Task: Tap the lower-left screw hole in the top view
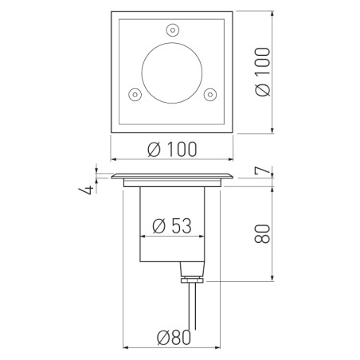pos(135,95)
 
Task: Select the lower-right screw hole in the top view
pos(210,95)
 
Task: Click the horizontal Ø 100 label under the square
pos(173,148)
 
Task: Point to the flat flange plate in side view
pos(173,176)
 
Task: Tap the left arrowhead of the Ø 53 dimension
pos(143,238)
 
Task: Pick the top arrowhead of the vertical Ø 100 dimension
pos(275,14)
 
